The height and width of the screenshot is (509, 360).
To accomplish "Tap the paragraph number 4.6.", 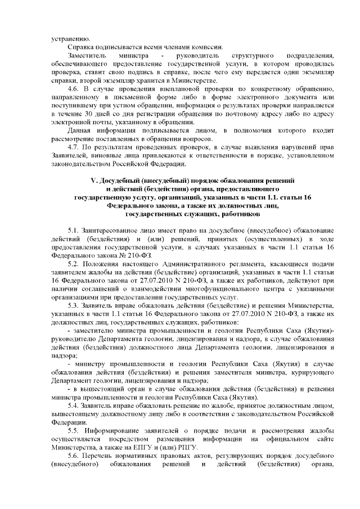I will (x=73, y=89).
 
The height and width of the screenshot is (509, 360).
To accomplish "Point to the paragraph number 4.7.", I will (x=73, y=148).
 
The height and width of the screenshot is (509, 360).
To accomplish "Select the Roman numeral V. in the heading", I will (x=94, y=181).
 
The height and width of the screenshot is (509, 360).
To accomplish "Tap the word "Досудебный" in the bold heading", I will (x=120, y=181).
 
